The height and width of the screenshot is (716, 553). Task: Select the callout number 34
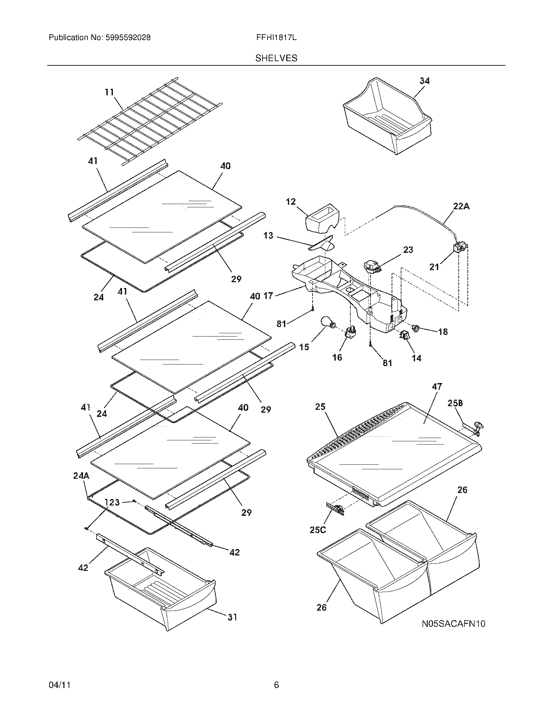pos(425,81)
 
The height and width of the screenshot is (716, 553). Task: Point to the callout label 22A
pos(461,206)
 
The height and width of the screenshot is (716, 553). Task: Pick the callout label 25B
pos(455,403)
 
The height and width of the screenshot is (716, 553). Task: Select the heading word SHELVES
pos(276,58)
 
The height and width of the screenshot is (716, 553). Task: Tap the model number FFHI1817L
pos(276,38)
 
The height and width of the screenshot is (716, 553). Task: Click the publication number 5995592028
pos(128,38)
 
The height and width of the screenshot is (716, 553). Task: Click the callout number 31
pos(232,617)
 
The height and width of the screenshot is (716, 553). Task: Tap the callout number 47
pos(437,387)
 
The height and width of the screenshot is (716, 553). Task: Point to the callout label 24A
pos(81,476)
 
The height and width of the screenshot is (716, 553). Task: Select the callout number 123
pos(112,502)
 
